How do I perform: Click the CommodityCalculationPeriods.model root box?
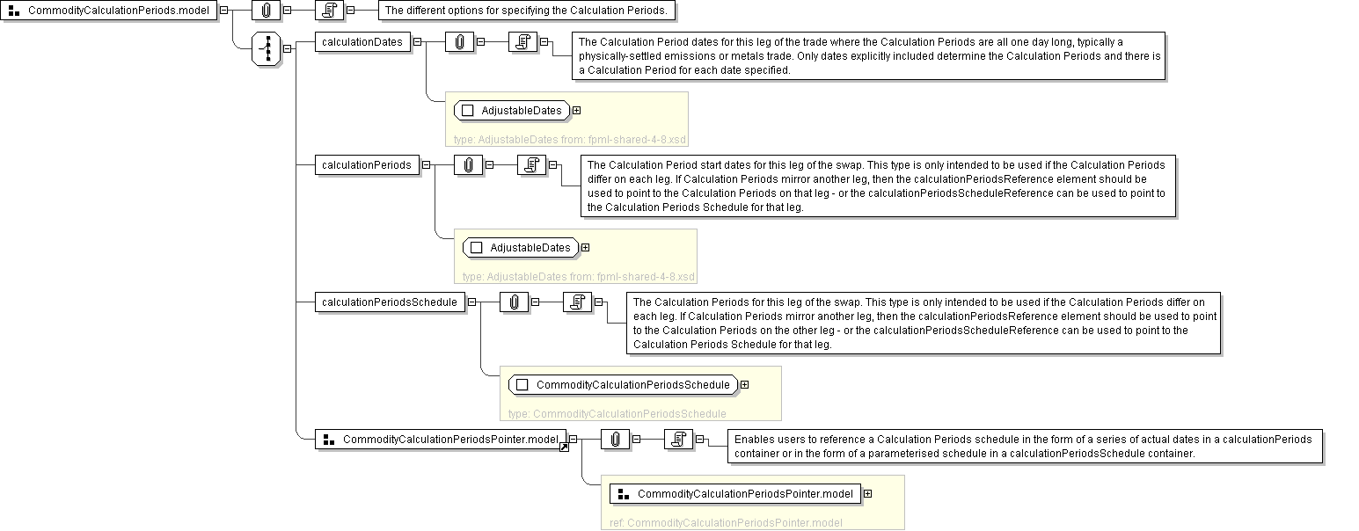110,11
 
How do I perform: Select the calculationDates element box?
362,41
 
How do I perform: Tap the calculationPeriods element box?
367,164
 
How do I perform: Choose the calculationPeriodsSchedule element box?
390,302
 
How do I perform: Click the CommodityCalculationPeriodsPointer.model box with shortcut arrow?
441,439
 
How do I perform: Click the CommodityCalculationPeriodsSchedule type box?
623,385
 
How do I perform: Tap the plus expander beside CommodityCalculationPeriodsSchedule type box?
744,385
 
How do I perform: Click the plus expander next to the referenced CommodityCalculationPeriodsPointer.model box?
867,494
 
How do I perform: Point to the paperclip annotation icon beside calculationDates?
459,41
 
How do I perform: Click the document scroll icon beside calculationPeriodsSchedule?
577,302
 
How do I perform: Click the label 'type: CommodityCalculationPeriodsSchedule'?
617,413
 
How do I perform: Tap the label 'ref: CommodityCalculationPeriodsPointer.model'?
726,522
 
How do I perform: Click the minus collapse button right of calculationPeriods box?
426,164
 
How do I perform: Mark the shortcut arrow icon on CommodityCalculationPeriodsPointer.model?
564,447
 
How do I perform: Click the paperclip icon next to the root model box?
266,11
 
